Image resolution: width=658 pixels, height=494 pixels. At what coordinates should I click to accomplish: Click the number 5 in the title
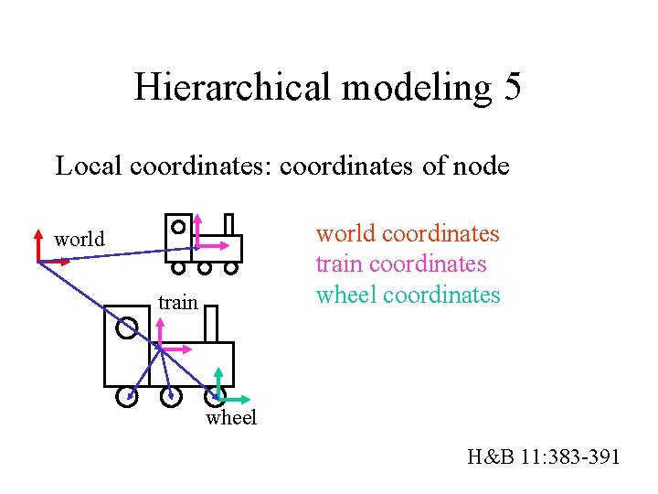pos(511,88)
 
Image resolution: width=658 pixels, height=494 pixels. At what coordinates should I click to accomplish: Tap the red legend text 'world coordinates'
pos(408,233)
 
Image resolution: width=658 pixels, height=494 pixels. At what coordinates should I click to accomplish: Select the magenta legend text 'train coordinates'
pos(400,264)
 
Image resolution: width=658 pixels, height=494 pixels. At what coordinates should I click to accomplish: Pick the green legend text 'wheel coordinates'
pos(408,295)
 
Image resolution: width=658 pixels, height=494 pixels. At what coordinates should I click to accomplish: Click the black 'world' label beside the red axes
pos(80,240)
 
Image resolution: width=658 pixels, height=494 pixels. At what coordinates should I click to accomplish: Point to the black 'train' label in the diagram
pos(177,302)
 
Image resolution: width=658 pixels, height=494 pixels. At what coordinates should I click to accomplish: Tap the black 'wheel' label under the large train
pos(231,418)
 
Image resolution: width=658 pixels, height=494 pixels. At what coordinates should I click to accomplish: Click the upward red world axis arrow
pos(38,242)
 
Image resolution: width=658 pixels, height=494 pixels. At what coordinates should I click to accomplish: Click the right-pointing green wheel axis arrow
pos(239,399)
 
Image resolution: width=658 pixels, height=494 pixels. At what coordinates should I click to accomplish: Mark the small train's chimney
pos(228,225)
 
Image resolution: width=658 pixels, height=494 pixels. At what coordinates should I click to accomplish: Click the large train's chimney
pos(210,325)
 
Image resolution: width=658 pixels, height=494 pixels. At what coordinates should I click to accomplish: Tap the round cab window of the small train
pos(177,225)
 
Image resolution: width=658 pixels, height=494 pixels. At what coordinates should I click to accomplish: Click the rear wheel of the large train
pos(127,397)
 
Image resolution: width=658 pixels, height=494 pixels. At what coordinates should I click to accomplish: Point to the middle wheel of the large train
pos(169,397)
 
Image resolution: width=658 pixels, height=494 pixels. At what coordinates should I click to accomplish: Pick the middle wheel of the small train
pos(205,269)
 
